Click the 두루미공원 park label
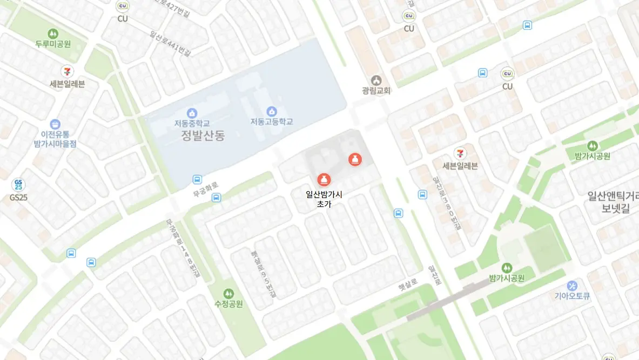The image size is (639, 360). click(x=53, y=44)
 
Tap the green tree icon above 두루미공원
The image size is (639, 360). click(x=53, y=33)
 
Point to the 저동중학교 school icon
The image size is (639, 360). click(x=192, y=113)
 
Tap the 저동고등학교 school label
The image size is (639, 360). click(x=271, y=122)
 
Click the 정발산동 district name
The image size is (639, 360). click(x=203, y=135)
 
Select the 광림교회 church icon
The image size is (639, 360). click(x=376, y=80)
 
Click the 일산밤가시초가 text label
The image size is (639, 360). click(x=324, y=199)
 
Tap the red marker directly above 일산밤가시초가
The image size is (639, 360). click(x=323, y=179)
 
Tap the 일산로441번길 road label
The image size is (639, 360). click(x=170, y=44)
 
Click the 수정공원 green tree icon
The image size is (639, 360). click(x=228, y=293)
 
